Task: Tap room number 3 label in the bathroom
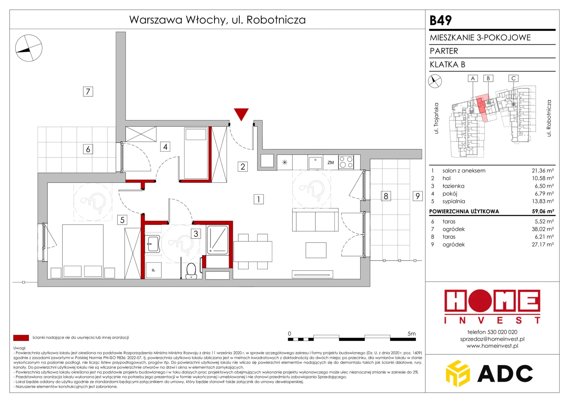[x=196, y=233]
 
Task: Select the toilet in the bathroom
[x=191, y=271]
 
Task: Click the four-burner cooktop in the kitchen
[x=346, y=162]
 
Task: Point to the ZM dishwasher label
[x=330, y=163]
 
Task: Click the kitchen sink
[x=315, y=162]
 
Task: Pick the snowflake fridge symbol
[x=285, y=162]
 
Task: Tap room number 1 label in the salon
[x=258, y=199]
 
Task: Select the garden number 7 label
[x=88, y=92]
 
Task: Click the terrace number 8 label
[x=386, y=196]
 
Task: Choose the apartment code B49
[x=441, y=20]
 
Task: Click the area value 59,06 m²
[x=543, y=211]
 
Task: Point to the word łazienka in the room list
[x=454, y=186]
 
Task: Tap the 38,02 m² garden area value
[x=543, y=229]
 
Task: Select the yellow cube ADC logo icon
[x=458, y=373]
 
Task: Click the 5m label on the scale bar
[x=411, y=334]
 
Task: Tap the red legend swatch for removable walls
[x=21, y=338]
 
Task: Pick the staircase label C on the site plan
[x=514, y=78]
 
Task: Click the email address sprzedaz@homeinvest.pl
[x=492, y=339]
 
